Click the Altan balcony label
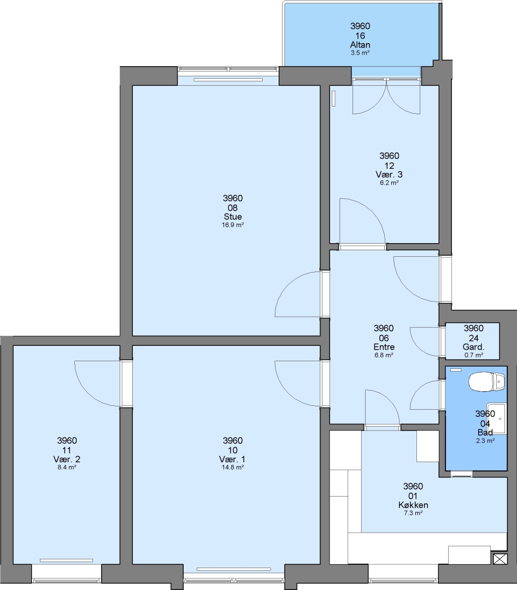coord(360,44)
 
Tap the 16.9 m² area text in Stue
coord(233,225)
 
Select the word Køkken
coord(413,505)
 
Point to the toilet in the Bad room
coord(486,382)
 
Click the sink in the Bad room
coord(496,418)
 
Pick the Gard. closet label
coord(473,347)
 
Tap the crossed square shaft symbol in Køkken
coord(500,559)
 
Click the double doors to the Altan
coord(386,97)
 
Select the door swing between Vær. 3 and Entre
coord(362,221)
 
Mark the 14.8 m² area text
coord(233,467)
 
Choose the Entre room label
coord(384,347)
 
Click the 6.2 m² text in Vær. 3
coord(389,183)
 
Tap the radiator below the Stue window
coord(228,80)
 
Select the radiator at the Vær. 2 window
coord(66,560)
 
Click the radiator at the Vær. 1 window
coord(234,569)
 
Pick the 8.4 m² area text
coord(67,467)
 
